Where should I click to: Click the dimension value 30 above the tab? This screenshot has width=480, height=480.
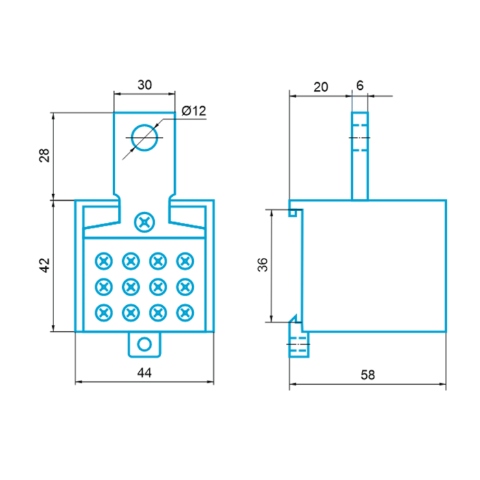[x=145, y=85]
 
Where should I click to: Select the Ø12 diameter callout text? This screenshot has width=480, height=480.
[x=194, y=111]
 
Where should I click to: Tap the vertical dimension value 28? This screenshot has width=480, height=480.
[x=45, y=155]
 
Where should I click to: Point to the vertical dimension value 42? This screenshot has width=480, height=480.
[x=45, y=265]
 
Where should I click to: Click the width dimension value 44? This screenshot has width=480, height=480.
[x=145, y=372]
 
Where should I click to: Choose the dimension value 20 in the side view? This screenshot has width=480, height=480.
[x=321, y=87]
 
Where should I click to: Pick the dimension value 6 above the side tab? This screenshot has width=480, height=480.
[x=360, y=86]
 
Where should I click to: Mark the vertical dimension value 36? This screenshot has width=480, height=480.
[x=263, y=265]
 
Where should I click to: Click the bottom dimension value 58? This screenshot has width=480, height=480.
[x=368, y=374]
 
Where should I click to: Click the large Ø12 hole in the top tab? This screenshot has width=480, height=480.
[x=145, y=124]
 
